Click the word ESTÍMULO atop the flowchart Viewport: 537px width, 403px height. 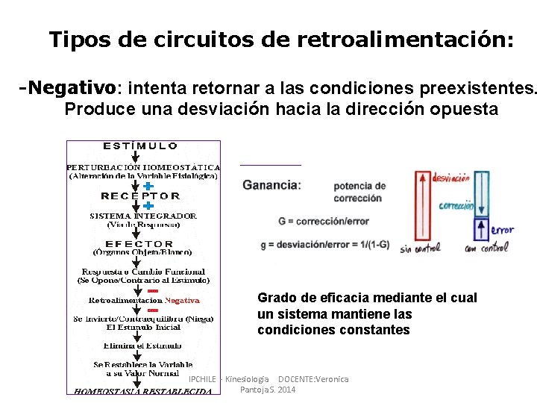pyautogui.click(x=140, y=146)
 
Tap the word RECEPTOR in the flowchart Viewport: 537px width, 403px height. pyautogui.click(x=140, y=196)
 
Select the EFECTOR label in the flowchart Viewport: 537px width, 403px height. pyautogui.click(x=139, y=244)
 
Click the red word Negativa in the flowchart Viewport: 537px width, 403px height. pyautogui.click(x=182, y=301)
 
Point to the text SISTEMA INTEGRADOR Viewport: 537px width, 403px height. pyautogui.click(x=143, y=216)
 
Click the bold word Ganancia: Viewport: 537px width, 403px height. pyautogui.click(x=272, y=185)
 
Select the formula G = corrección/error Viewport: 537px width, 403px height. pyautogui.click(x=324, y=222)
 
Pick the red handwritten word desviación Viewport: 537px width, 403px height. pyautogui.click(x=451, y=178)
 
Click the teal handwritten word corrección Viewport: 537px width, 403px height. pyautogui.click(x=456, y=206)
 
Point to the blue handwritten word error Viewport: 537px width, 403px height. pyautogui.click(x=503, y=230)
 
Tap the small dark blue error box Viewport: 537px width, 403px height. pyautogui.click(x=482, y=228)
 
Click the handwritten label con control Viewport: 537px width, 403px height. pyautogui.click(x=486, y=249)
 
